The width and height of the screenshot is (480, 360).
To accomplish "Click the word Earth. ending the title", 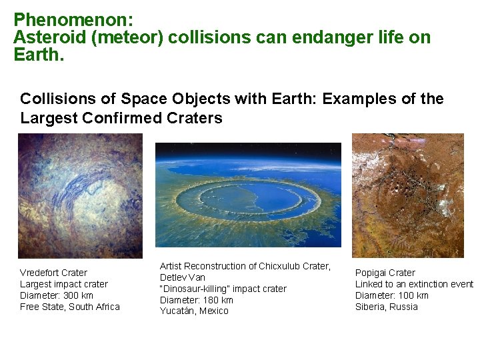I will [39, 54].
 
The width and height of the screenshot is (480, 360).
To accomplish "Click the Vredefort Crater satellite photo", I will [80, 195].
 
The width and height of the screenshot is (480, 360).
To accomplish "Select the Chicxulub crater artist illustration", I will [248, 195].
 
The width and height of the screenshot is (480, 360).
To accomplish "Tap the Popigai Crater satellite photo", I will [407, 195].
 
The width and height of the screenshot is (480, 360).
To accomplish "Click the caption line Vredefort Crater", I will [53, 273].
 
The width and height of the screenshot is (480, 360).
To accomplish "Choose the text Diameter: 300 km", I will [57, 295].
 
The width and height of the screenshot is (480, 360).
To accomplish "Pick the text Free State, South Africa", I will [70, 307].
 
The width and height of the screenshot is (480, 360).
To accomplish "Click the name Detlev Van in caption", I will [182, 277].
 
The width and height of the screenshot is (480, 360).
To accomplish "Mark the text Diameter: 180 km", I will [197, 300].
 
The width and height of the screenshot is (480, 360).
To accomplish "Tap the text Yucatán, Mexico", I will [193, 311].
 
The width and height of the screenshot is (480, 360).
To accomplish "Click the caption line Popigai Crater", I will [385, 273].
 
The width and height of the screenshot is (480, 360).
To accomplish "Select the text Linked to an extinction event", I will [413, 284].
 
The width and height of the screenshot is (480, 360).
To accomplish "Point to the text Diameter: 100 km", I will [392, 295].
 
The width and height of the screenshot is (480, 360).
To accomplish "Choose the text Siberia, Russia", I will [387, 307].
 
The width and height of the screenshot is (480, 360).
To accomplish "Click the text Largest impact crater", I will [63, 284].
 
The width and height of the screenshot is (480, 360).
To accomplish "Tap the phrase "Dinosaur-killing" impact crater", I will [223, 289].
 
